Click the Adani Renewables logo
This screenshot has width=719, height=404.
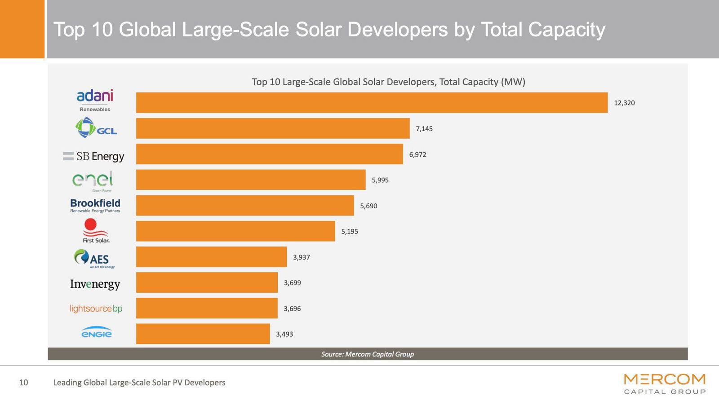click(95, 100)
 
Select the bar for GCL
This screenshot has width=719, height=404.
click(273, 128)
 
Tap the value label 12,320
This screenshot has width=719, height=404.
click(624, 103)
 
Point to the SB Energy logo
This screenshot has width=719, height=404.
click(93, 156)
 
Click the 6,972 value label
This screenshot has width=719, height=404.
click(417, 154)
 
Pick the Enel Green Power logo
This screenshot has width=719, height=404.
click(93, 181)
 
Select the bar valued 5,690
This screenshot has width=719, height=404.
click(245, 206)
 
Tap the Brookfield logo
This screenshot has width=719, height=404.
click(95, 206)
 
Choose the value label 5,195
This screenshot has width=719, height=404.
click(350, 232)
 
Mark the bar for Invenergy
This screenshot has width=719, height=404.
click(207, 283)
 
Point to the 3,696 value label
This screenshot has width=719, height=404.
click(292, 309)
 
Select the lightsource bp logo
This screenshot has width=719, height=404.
click(96, 309)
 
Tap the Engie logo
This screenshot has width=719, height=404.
click(96, 333)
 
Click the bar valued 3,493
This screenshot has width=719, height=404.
click(203, 334)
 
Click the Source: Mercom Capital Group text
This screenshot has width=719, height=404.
click(368, 354)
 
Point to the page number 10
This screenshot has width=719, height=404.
click(23, 382)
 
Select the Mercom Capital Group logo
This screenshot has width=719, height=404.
click(665, 384)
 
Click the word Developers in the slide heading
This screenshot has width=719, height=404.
click(397, 30)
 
